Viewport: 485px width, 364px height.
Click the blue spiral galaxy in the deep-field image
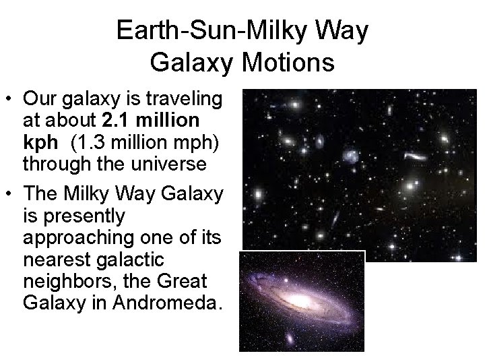[x=351, y=156]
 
